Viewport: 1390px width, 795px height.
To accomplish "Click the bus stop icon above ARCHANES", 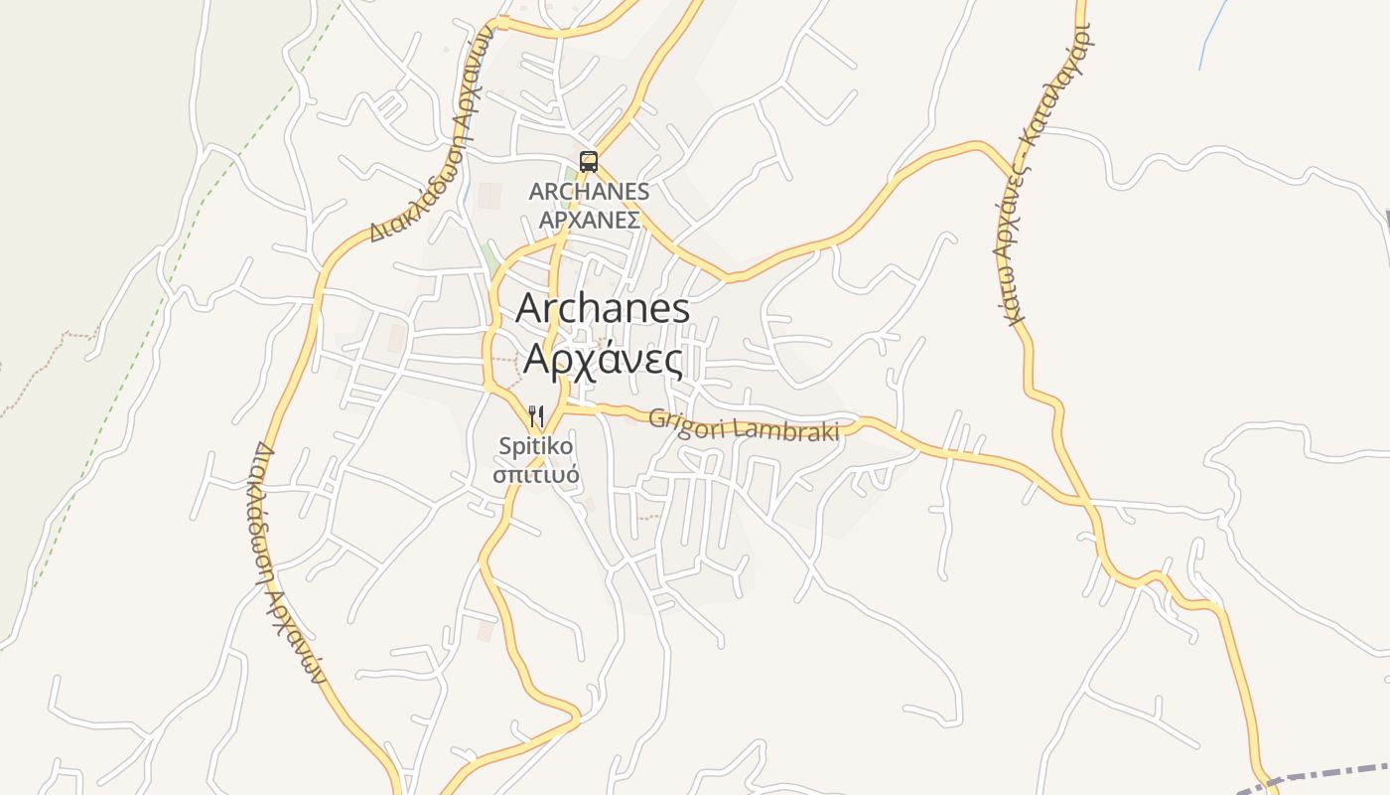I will [589, 161].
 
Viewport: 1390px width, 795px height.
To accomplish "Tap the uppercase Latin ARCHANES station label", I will [589, 191].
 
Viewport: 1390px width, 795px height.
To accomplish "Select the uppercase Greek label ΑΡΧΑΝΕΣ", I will [589, 220].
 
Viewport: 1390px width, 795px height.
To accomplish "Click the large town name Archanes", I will [603, 308].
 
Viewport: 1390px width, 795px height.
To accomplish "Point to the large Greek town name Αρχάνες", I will [604, 359].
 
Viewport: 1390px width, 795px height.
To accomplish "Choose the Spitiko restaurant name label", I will [536, 447].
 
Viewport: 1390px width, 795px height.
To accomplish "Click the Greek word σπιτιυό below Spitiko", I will [536, 474].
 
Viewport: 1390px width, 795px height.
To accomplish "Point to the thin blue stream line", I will [1206, 40].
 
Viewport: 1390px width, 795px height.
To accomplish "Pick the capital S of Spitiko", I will [505, 447].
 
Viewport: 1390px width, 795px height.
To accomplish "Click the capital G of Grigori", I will [657, 418].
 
